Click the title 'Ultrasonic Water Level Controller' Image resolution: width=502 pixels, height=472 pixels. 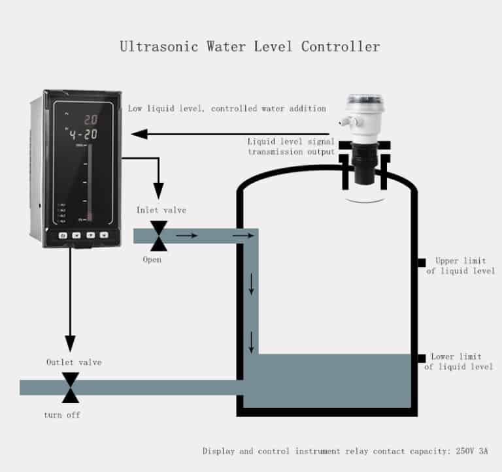point(250,46)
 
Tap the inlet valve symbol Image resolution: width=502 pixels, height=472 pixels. point(158,236)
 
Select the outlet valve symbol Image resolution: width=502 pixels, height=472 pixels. point(70,387)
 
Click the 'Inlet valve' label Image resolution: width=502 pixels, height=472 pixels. point(161,210)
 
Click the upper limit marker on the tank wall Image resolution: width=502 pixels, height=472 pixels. point(422,262)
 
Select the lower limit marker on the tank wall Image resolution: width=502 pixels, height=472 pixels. point(422,357)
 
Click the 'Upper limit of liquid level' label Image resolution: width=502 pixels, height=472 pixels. point(460,266)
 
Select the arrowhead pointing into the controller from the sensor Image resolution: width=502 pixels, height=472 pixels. point(137,134)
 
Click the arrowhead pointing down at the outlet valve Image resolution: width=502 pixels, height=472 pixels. point(70,344)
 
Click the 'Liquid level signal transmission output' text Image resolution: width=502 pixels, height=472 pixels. point(291,146)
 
